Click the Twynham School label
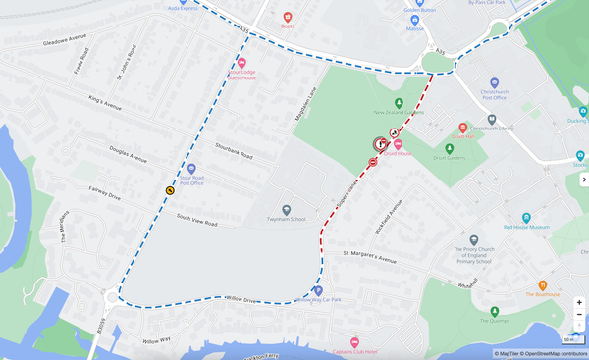point(286,219)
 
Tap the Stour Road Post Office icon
point(191,169)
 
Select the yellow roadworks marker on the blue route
point(170,190)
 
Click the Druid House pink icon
point(399,144)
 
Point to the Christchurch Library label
point(493,128)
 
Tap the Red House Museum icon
point(526,217)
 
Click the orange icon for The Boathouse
point(542,284)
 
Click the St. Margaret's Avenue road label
point(372,257)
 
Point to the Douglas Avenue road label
point(129,156)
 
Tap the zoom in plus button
point(579,303)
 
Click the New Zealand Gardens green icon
point(398,103)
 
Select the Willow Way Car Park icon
point(318,291)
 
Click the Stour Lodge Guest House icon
point(242,63)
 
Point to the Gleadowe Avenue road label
point(65,40)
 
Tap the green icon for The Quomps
point(495,312)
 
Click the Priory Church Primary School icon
point(473,239)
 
